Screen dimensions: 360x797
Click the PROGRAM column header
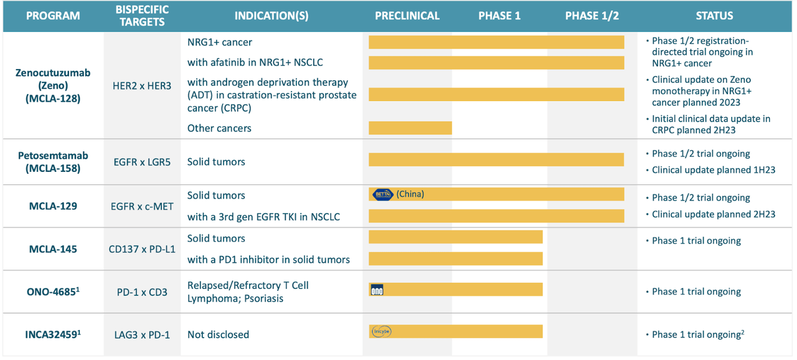click(53, 16)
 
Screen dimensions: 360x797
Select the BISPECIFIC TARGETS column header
click(142, 16)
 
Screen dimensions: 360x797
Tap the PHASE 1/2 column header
click(592, 16)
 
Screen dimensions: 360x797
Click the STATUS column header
click(714, 16)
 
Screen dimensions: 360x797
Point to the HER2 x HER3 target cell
click(142, 86)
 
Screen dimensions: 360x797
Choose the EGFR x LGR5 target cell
click(142, 162)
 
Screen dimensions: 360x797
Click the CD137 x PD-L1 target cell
click(142, 249)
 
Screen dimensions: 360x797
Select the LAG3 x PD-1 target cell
click(142, 334)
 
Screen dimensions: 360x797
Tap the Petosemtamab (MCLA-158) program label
click(53, 161)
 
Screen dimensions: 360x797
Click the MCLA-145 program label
click(53, 249)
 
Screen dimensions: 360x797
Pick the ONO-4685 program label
click(53, 291)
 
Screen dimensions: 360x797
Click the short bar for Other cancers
click(410, 128)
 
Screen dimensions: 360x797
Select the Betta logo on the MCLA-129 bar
click(382, 195)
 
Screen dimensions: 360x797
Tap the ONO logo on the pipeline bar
click(377, 290)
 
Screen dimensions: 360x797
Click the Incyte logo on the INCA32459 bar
click(381, 332)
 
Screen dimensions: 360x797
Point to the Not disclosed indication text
click(218, 334)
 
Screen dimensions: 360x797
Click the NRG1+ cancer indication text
click(220, 42)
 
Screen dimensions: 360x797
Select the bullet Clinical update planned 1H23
click(713, 170)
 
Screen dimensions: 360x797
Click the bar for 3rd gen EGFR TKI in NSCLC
click(496, 216)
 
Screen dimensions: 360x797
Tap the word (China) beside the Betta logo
click(410, 194)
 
